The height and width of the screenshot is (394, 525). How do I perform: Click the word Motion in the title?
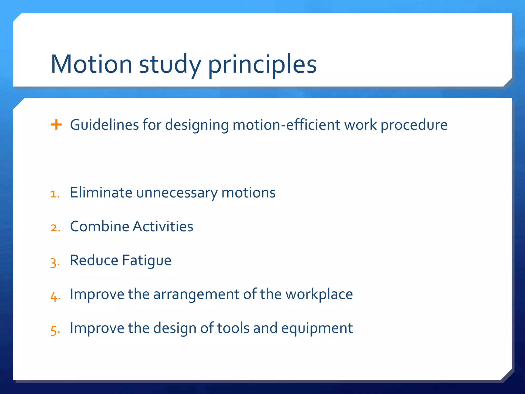92,64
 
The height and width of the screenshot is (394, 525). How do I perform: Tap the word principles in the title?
262,65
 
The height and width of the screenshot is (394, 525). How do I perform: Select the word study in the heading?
170,65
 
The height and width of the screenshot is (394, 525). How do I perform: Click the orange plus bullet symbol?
56,125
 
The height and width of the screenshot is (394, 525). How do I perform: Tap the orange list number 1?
55,194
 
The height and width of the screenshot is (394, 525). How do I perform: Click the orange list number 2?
55,228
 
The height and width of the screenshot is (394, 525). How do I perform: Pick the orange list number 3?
55,262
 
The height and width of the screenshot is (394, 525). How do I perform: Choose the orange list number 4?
55,297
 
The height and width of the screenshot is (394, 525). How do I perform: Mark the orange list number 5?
55,330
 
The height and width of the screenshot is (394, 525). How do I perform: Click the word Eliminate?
101,192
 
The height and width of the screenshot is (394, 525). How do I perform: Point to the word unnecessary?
177,193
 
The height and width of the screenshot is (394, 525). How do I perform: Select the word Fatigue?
146,261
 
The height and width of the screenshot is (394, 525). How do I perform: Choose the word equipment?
317,328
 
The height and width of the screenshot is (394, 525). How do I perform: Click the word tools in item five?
233,328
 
